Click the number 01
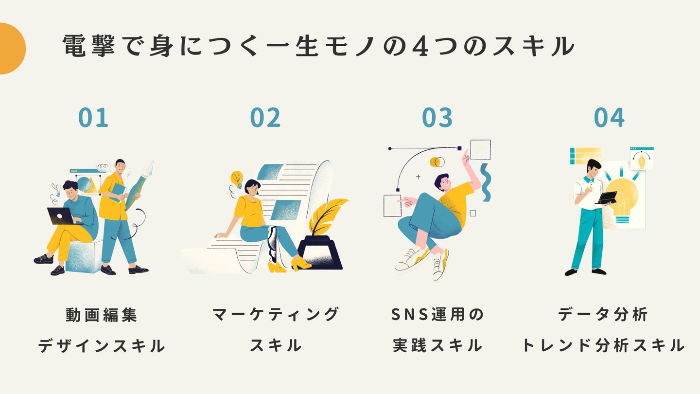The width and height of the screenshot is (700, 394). tap(93, 118)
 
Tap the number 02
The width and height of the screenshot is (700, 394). tap(265, 118)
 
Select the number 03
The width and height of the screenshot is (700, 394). tap(437, 118)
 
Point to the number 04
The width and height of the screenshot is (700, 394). tap(609, 118)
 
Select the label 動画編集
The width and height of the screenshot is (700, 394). tap(102, 315)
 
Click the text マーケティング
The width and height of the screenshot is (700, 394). tap(276, 315)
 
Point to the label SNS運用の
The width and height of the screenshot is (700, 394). tap(437, 315)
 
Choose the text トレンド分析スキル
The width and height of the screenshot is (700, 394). tap(603, 345)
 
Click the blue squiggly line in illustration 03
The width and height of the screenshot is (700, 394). tap(485, 182)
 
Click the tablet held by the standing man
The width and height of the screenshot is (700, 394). tap(607, 197)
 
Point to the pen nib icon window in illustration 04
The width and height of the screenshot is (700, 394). tap(642, 159)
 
